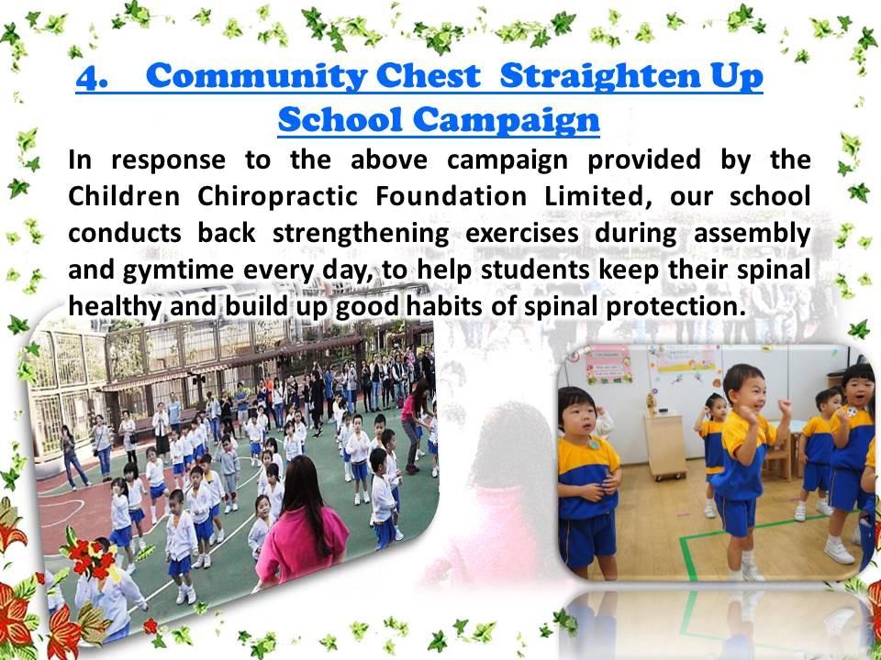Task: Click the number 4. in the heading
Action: (92, 77)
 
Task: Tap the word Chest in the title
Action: (429, 76)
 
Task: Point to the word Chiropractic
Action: (277, 197)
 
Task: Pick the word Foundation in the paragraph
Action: (452, 196)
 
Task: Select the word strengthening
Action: (360, 234)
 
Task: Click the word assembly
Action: (752, 234)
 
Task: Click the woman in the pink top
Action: (302, 523)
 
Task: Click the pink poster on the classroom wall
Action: (609, 366)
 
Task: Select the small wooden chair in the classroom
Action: (779, 456)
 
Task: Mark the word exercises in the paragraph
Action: (522, 234)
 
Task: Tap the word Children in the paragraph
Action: (124, 197)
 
